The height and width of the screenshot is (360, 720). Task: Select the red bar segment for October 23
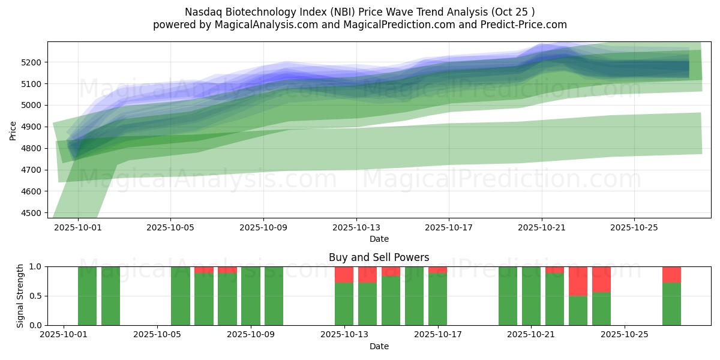578,281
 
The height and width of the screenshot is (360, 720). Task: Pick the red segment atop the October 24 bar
601,279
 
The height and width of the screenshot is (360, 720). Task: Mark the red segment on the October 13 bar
344,274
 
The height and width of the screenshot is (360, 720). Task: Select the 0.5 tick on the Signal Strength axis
35,296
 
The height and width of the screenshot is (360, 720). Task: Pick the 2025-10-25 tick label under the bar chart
625,335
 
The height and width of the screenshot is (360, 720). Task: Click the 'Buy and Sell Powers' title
379,257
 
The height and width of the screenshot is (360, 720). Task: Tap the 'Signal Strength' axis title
20,295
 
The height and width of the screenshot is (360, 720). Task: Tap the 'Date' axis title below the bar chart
379,346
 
